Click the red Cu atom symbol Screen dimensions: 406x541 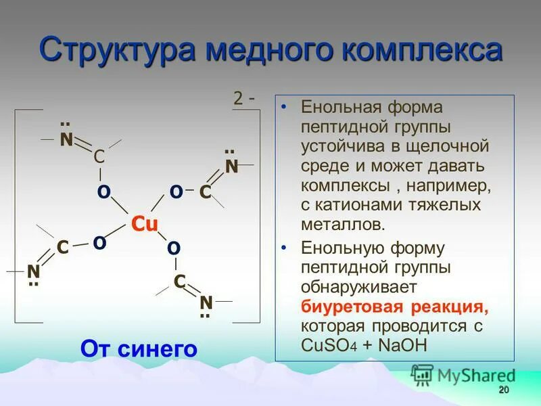(144, 224)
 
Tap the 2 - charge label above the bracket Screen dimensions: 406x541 (243, 98)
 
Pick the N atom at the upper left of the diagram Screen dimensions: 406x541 (66, 139)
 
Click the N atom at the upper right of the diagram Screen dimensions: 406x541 (231, 166)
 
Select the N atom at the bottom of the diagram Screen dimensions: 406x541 (206, 301)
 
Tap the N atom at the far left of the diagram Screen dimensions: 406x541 (33, 271)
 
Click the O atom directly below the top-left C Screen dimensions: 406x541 (103, 193)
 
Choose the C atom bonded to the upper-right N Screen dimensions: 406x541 (206, 193)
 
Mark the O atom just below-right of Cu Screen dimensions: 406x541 (173, 248)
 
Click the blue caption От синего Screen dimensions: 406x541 (139, 348)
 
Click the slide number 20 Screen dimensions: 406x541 (502, 390)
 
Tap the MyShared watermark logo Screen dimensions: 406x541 (463, 375)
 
